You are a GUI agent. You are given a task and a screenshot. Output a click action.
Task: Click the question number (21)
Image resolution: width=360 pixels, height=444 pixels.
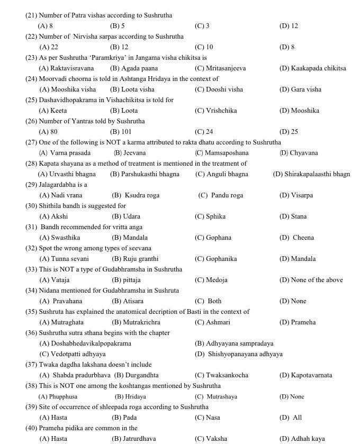point(31,15)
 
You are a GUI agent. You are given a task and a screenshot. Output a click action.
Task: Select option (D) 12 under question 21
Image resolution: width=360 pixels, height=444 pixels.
point(289,26)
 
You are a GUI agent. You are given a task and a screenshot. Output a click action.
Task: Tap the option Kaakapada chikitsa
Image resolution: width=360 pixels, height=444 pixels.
point(312,68)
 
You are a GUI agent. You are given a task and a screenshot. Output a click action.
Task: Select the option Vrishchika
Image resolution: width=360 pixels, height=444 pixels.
point(215,111)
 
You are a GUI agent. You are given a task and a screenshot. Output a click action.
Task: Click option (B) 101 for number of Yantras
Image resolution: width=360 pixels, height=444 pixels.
point(121,132)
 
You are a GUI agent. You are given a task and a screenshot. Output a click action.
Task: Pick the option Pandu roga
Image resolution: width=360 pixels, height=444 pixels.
point(221,195)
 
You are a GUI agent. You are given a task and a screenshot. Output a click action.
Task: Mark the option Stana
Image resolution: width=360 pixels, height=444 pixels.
point(293,216)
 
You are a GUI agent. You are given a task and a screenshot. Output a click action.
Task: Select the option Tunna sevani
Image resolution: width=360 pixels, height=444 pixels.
point(64,259)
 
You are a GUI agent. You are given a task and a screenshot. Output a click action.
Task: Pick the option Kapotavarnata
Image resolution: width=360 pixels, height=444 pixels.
point(305,375)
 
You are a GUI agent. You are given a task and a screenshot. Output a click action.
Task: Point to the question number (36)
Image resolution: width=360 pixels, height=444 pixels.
point(31,333)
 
